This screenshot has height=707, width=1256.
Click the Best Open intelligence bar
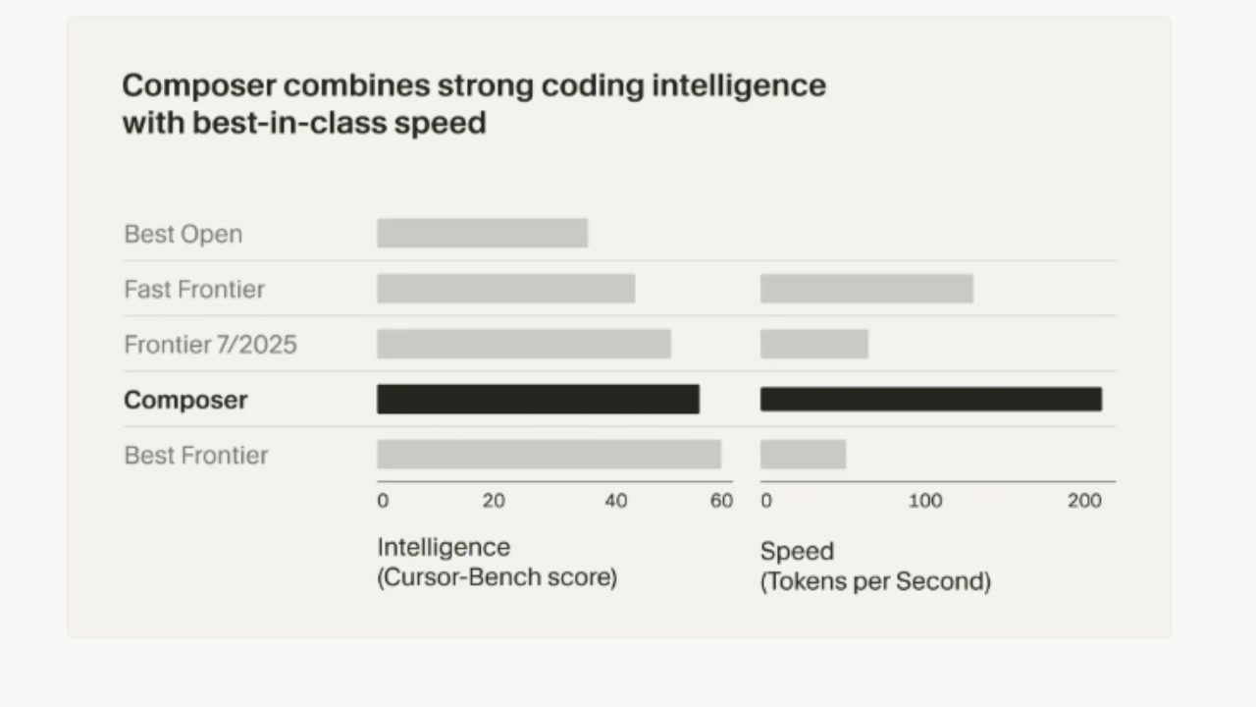click(482, 233)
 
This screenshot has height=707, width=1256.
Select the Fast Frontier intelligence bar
click(505, 289)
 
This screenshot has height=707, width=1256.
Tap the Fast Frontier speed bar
click(866, 289)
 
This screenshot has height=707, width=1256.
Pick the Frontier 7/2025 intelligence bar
click(524, 344)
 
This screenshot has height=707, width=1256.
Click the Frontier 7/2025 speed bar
click(814, 344)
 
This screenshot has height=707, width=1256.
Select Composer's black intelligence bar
click(538, 399)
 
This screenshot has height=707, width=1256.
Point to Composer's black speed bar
click(931, 399)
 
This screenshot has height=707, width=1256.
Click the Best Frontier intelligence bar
click(549, 455)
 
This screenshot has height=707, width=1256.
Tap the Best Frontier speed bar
click(803, 455)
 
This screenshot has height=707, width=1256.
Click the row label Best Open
click(183, 235)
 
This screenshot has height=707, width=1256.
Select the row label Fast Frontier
click(194, 290)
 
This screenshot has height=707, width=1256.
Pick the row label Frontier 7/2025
click(210, 345)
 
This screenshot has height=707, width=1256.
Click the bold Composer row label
click(185, 400)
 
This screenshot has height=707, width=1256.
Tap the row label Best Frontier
click(195, 456)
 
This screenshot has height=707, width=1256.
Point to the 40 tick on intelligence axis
click(615, 501)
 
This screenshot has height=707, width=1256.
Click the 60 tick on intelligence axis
click(721, 501)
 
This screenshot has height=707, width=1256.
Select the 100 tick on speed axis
click(924, 501)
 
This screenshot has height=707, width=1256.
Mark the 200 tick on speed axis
click(1084, 501)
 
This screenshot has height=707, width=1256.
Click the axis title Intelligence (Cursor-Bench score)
click(497, 562)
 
